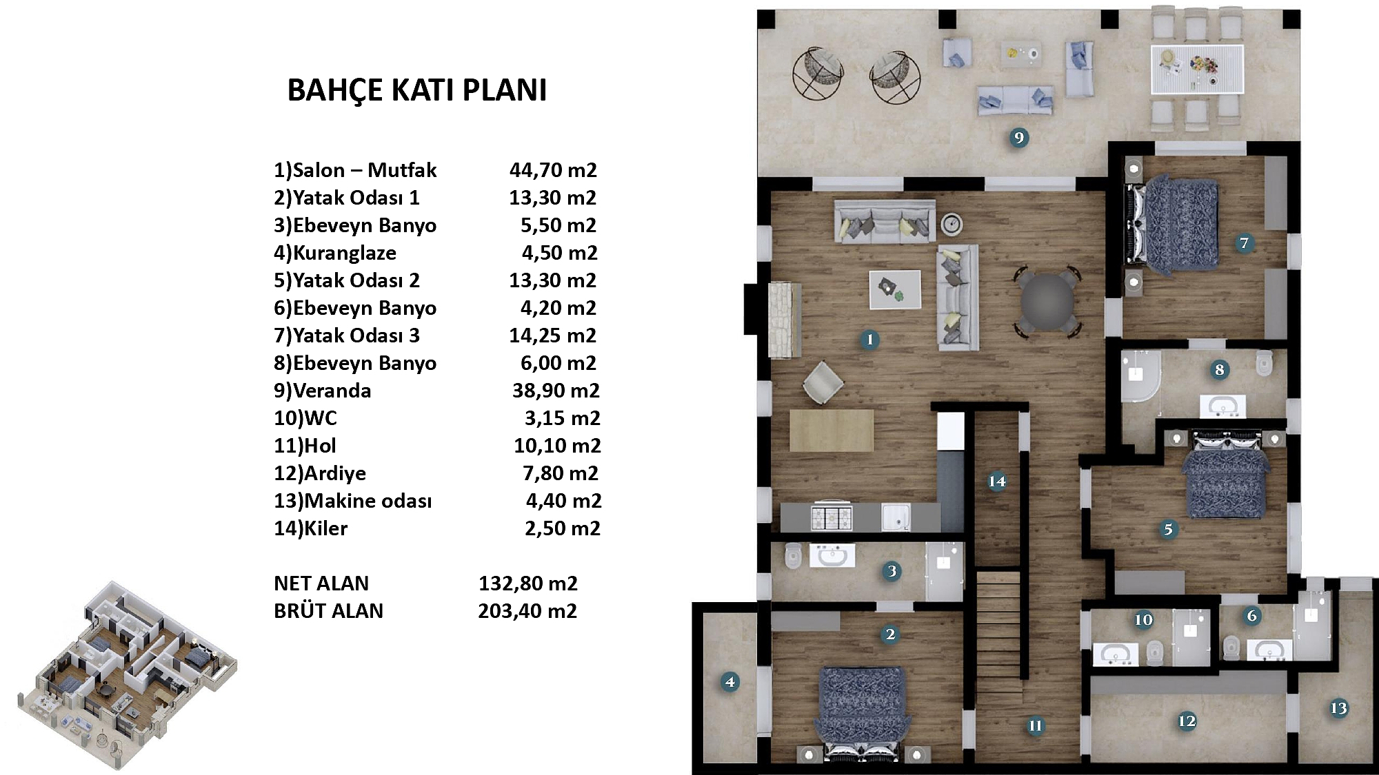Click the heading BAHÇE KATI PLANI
click(x=417, y=90)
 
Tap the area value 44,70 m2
click(x=553, y=170)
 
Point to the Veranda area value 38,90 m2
click(x=556, y=391)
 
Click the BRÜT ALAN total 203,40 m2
click(x=527, y=611)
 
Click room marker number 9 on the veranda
click(x=1018, y=138)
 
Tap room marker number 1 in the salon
click(x=869, y=339)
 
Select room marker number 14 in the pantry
click(x=997, y=481)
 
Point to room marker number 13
click(x=1338, y=708)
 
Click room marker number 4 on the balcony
click(x=730, y=682)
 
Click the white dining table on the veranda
click(x=1197, y=69)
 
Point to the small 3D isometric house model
click(x=127, y=676)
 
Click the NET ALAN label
click(x=321, y=583)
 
